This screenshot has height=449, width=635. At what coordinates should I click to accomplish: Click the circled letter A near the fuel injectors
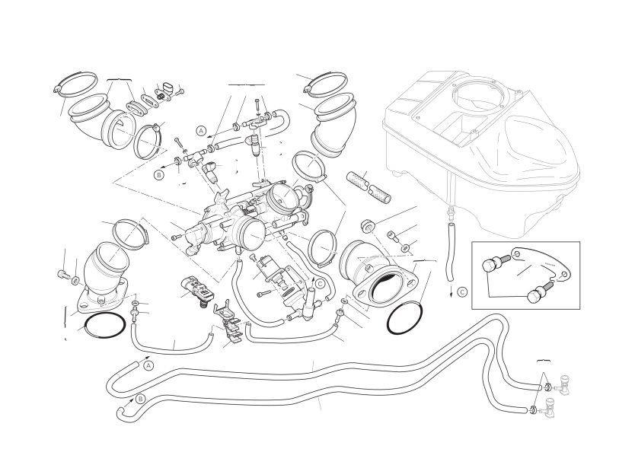coord(201,130)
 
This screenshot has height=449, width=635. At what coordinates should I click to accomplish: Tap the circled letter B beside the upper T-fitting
coord(159,174)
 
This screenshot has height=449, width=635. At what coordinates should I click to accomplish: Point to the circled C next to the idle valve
coord(320,283)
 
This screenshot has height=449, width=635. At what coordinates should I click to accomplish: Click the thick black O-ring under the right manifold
coord(405,317)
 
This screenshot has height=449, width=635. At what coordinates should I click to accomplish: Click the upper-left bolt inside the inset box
coord(491,266)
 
